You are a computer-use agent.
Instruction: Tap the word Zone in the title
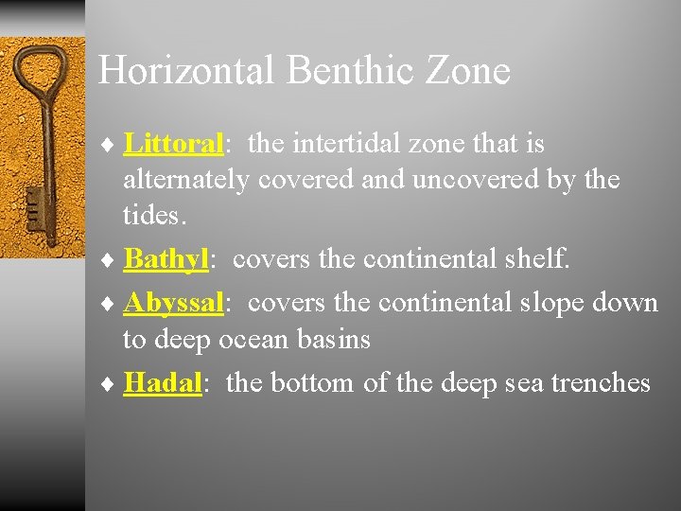469,71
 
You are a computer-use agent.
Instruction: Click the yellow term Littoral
172,144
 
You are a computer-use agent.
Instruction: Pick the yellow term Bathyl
166,258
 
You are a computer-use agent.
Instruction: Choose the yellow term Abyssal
173,303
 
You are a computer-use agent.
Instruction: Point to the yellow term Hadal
163,382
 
